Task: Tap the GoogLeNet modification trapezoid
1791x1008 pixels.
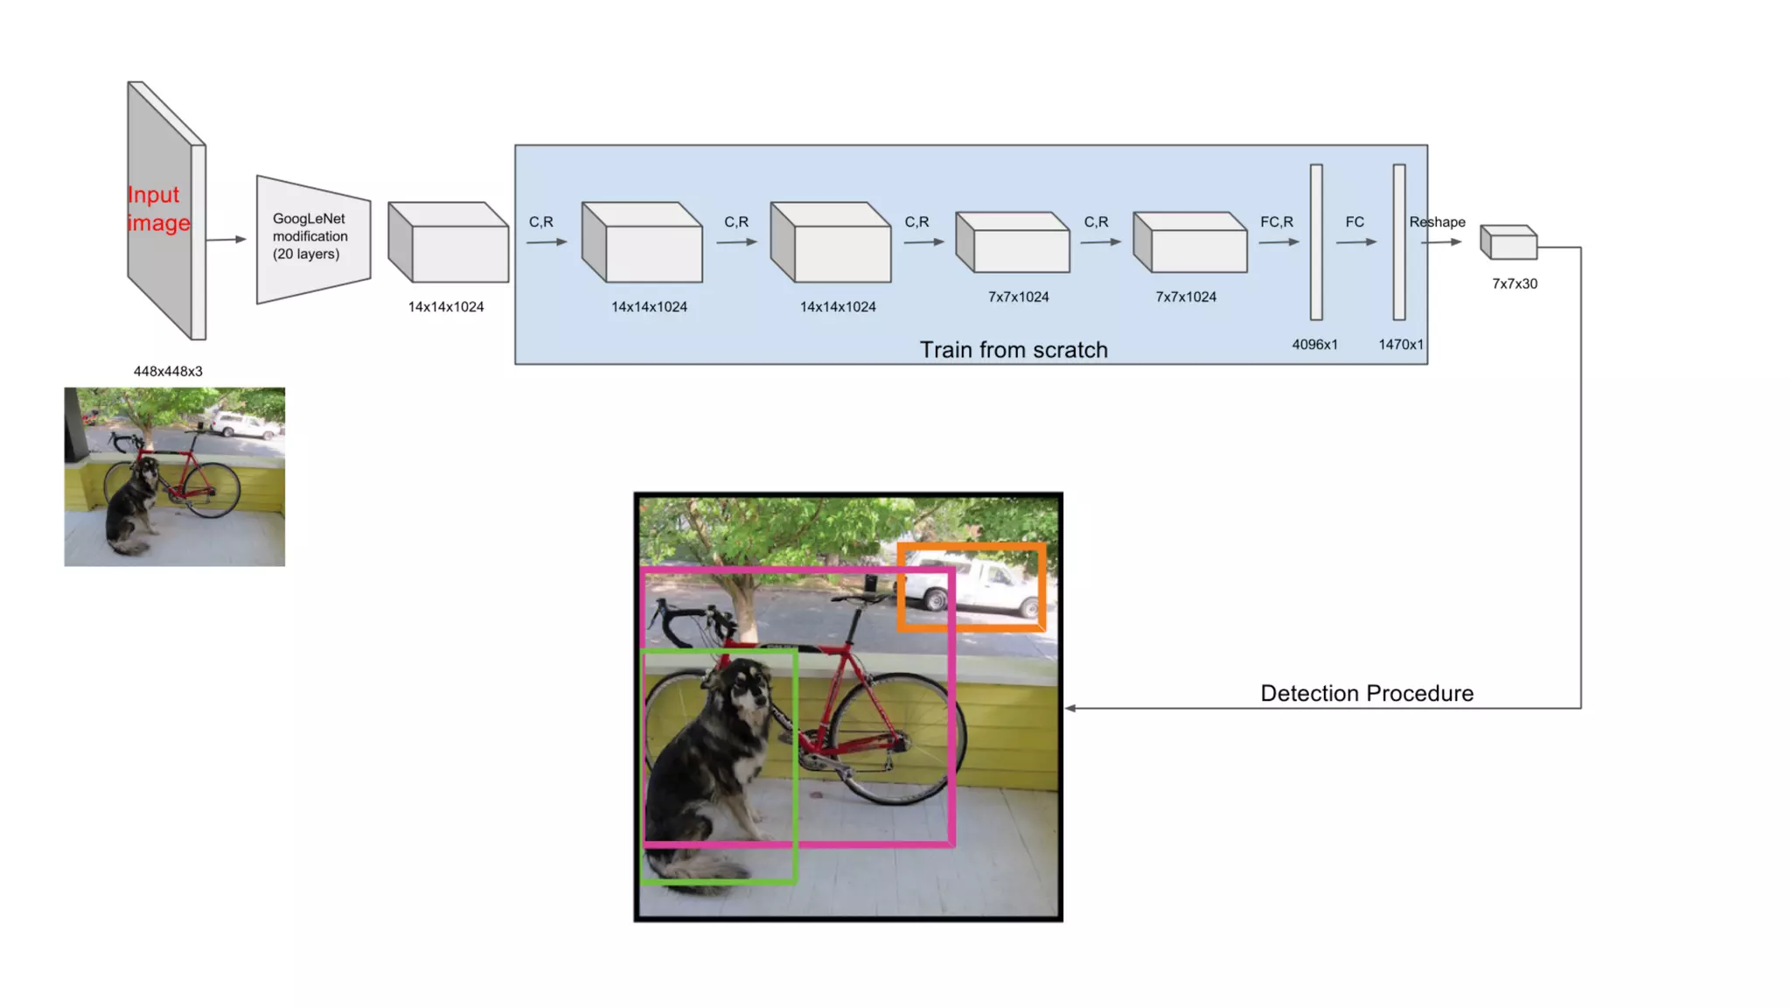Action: click(x=312, y=238)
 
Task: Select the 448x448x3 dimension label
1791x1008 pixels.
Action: click(x=168, y=371)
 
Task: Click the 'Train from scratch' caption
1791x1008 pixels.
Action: click(x=1014, y=350)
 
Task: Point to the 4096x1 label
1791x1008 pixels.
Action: click(x=1314, y=345)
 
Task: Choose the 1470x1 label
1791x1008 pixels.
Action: click(x=1401, y=345)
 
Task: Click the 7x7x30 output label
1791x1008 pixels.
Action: click(x=1515, y=283)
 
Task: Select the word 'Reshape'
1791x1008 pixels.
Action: click(x=1437, y=222)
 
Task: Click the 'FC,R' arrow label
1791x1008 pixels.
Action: click(x=1277, y=222)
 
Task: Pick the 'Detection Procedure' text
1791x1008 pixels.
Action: click(x=1367, y=694)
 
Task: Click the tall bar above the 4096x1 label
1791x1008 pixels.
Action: click(x=1316, y=242)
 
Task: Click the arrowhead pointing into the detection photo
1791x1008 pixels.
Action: click(x=1070, y=708)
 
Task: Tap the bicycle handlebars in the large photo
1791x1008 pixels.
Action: click(x=691, y=617)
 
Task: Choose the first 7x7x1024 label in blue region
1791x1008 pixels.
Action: click(x=1018, y=297)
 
